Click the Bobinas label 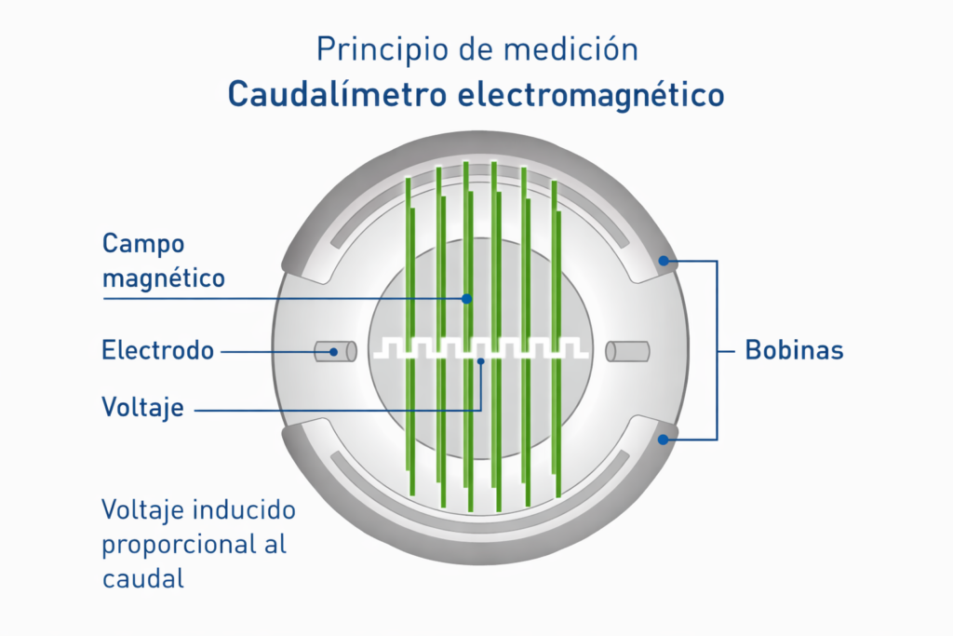[794, 351]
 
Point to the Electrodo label [157, 351]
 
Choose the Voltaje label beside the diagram [141, 407]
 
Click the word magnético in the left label [163, 277]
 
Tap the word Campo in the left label [143, 244]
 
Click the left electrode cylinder [336, 351]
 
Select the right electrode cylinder [627, 351]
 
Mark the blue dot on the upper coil [664, 261]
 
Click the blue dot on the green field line [467, 298]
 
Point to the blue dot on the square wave [481, 361]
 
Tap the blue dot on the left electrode [333, 352]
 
